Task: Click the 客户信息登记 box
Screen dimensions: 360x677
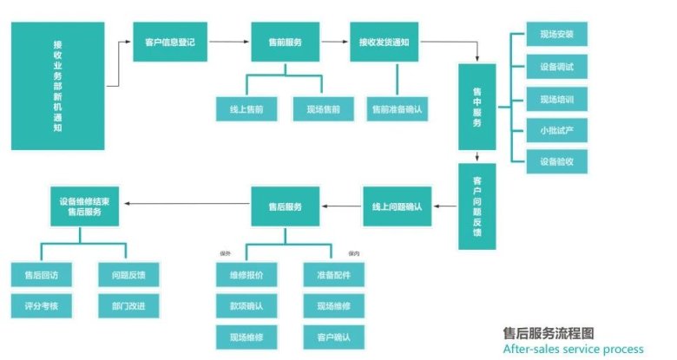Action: pyautogui.click(x=170, y=41)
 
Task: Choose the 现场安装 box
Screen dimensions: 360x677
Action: pyautogui.click(x=556, y=36)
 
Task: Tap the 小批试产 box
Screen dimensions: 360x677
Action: pyautogui.click(x=556, y=130)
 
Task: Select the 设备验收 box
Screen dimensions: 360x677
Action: pyautogui.click(x=556, y=161)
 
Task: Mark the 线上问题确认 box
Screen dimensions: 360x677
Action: pyautogui.click(x=396, y=206)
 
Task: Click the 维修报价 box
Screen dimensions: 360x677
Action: pyautogui.click(x=246, y=274)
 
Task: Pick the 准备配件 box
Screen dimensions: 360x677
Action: pyautogui.click(x=334, y=274)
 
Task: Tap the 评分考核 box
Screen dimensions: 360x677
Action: pyautogui.click(x=42, y=305)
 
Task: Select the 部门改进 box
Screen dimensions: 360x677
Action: pyautogui.click(x=128, y=305)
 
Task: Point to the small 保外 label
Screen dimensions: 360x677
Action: pyautogui.click(x=225, y=254)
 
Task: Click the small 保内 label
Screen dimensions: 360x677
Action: pyautogui.click(x=353, y=254)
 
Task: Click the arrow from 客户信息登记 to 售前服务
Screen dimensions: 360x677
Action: pyautogui.click(x=229, y=41)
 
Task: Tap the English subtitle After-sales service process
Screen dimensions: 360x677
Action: pyautogui.click(x=573, y=349)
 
